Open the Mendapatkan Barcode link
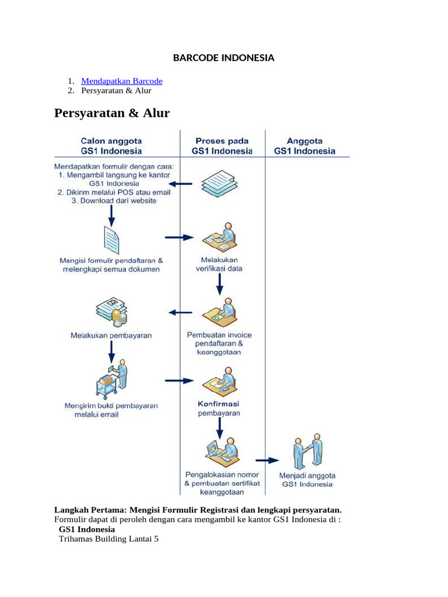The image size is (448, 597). point(122,81)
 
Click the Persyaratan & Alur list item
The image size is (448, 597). point(116,91)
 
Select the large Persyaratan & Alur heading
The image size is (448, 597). point(111,113)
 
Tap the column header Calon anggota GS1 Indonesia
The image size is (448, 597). point(111,146)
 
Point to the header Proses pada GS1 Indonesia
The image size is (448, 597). point(222,146)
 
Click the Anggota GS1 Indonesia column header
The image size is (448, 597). point(305,146)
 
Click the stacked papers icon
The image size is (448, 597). point(219,182)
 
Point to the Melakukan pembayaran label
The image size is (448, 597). point(111,335)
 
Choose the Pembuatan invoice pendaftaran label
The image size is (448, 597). point(219,343)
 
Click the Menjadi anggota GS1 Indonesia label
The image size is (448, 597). point(307,479)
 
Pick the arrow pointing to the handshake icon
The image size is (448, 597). point(268,460)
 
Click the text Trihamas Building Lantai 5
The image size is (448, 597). point(108,539)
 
